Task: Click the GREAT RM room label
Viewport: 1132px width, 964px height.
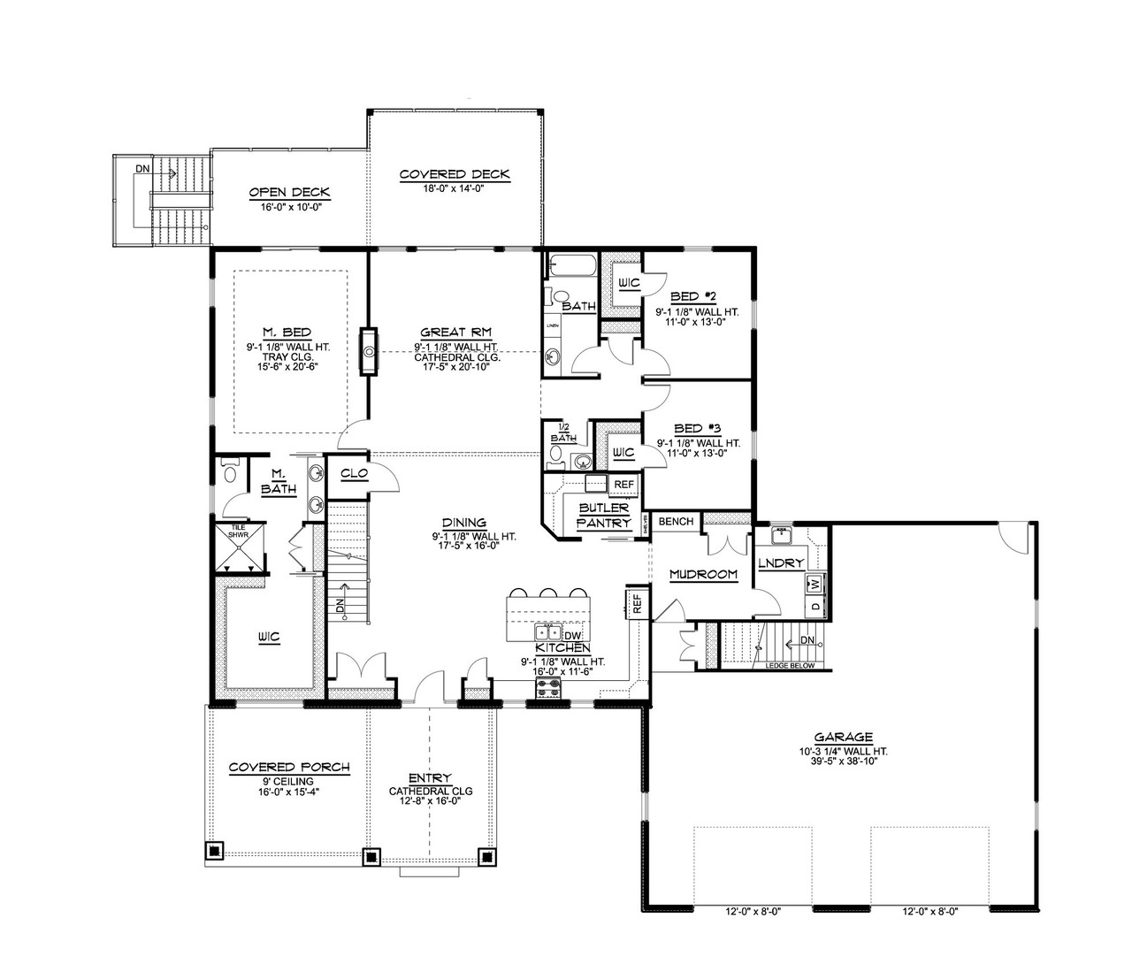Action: coord(456,333)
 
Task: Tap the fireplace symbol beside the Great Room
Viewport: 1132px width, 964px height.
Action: coord(369,351)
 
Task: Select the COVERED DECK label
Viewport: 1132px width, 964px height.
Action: coord(455,174)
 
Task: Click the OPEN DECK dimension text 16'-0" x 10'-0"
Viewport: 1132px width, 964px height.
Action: coord(289,206)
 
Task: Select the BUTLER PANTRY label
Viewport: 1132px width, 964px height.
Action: coord(603,516)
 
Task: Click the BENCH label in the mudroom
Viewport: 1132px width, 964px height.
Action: coord(676,522)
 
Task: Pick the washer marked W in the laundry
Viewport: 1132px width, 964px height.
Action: coord(815,584)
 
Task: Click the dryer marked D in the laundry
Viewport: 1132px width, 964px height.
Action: coord(815,607)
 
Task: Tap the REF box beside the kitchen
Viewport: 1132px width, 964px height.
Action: coord(635,603)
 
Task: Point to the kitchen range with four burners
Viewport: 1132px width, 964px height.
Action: coord(549,689)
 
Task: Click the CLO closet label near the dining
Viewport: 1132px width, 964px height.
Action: coord(354,473)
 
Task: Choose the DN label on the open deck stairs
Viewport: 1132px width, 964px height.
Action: coord(142,168)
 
